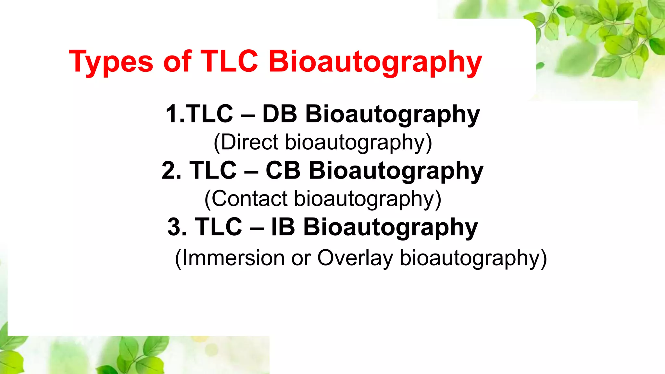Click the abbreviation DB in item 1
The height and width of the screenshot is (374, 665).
(280, 114)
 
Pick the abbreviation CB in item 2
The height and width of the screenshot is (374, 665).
(283, 171)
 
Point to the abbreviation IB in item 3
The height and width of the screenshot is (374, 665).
(283, 227)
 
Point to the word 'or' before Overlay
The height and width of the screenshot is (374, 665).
(301, 259)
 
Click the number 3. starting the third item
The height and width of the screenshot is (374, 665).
(177, 227)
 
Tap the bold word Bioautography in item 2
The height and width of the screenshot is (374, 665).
(396, 171)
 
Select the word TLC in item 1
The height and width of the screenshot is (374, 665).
(210, 114)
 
